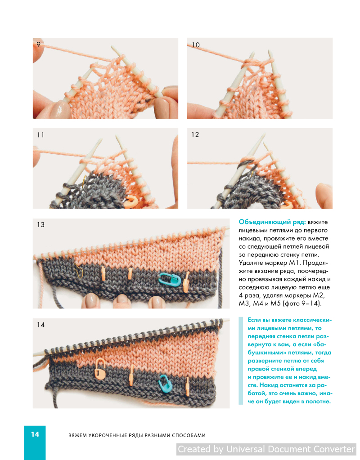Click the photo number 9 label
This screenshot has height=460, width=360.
(x=38, y=45)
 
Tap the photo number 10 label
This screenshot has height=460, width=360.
(x=196, y=45)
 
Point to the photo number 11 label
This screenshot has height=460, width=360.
(x=40, y=135)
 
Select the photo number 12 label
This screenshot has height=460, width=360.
(x=195, y=134)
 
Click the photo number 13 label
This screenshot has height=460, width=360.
(x=41, y=225)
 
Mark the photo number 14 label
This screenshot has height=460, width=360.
(x=41, y=325)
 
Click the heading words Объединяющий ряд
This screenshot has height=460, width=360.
(x=272, y=222)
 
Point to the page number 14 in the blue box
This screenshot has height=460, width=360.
(x=35, y=434)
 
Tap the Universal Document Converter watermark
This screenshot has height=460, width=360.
(x=266, y=449)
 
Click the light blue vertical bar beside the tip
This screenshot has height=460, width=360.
(x=241, y=361)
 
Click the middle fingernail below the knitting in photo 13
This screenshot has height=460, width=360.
(x=121, y=299)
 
